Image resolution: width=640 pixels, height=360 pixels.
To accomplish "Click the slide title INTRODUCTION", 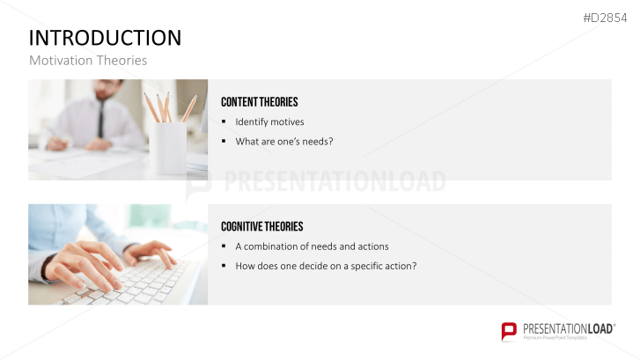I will [x=106, y=38].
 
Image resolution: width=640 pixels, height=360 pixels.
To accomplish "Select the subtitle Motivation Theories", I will [x=88, y=61].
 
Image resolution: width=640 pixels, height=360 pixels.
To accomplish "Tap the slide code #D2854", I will [x=607, y=18].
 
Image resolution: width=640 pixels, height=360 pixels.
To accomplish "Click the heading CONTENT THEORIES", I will [x=260, y=102].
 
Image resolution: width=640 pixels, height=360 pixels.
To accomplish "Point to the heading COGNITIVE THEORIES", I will [x=262, y=226].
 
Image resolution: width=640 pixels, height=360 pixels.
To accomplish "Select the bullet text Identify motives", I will [x=269, y=121].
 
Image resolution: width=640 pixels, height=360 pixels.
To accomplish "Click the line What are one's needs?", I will [x=284, y=141].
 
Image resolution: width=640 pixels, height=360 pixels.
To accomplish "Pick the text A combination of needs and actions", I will [x=312, y=246].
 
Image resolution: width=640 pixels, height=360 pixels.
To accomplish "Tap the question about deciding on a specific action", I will [x=326, y=266].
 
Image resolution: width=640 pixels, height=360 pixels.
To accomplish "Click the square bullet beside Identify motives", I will [x=224, y=121].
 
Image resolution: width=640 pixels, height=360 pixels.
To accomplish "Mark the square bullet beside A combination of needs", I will [x=224, y=246].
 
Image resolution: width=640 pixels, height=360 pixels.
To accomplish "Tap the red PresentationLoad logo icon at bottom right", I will [x=509, y=331].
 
